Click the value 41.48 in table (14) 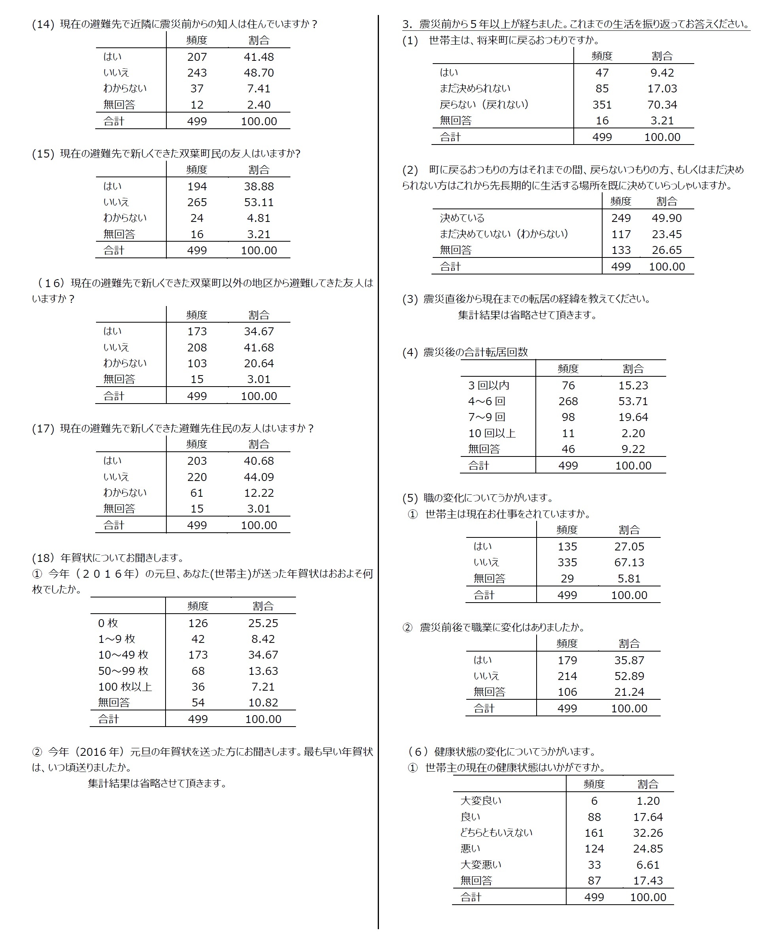(x=258, y=57)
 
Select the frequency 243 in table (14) (x=197, y=73)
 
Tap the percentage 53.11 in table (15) (x=258, y=203)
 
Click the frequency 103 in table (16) (x=197, y=364)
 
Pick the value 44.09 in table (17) (x=258, y=477)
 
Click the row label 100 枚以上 (x=125, y=687)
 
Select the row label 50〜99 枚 (x=123, y=671)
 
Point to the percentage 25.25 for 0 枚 (x=263, y=623)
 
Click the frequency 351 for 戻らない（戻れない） (x=602, y=105)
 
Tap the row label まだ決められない (x=475, y=89)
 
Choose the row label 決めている (x=462, y=218)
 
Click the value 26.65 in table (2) (x=666, y=250)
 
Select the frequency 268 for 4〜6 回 (x=568, y=402)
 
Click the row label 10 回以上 (x=492, y=434)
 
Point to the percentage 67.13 (x=629, y=563)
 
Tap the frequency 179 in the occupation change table (x=567, y=660)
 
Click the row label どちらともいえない (x=496, y=833)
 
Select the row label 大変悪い (x=480, y=865)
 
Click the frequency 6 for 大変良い (x=594, y=801)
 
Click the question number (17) (x=43, y=429)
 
